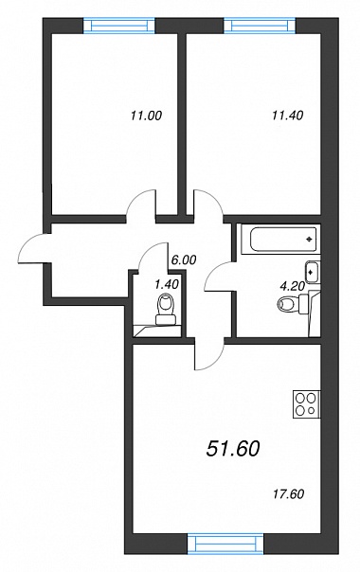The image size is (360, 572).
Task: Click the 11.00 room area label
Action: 146,116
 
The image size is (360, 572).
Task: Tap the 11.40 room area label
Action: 287,116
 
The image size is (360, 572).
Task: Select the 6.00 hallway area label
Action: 184,259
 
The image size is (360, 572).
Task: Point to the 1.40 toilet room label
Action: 167,284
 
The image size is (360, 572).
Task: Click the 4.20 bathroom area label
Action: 292,286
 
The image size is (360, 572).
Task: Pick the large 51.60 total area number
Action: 233,448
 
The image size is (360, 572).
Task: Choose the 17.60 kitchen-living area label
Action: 288,494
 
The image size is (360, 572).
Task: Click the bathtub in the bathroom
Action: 283,240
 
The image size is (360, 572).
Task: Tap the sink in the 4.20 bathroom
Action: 312,272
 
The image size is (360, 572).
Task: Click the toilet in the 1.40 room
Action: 167,310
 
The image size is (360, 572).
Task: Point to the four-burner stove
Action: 306,404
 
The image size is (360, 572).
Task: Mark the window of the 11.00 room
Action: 119,26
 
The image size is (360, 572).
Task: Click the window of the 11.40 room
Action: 260,26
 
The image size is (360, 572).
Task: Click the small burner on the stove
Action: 312,410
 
